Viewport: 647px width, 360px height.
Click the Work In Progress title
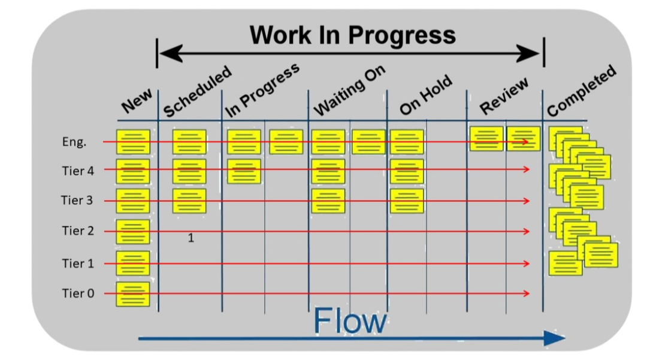pos(352,35)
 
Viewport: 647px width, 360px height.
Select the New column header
pos(137,101)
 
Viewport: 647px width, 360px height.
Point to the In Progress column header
pos(262,90)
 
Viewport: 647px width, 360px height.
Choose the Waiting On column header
pos(350,90)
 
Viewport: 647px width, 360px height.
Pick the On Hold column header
pos(426,95)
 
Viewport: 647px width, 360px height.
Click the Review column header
pos(504,95)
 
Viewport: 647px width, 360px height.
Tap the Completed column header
pos(581,90)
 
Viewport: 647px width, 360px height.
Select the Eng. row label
pos(74,142)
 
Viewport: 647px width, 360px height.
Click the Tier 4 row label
pos(78,171)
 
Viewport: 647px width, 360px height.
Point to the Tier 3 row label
pos(77,200)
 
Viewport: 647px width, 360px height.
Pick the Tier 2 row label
pos(78,231)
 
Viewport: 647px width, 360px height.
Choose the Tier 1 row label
pos(78,263)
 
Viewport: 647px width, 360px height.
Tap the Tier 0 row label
pos(78,294)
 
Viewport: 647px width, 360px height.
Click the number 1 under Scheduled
pos(191,238)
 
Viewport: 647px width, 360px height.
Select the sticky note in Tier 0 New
pos(132,294)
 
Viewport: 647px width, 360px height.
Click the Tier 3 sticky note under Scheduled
pos(189,201)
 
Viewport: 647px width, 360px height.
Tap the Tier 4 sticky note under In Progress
pos(244,171)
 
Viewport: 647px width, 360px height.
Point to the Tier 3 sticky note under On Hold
pos(407,201)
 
